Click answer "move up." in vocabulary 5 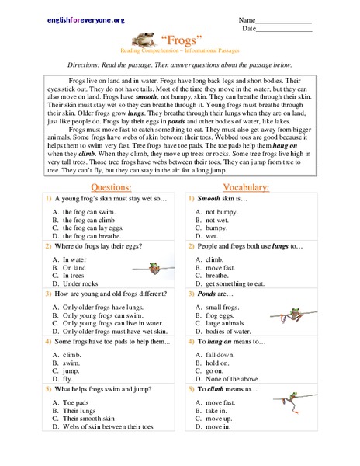pos(220,418)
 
